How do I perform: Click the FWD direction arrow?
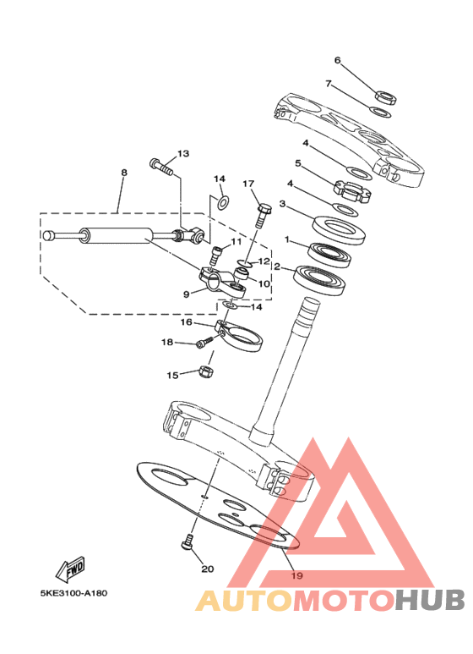(71, 569)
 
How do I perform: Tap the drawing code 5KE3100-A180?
(73, 593)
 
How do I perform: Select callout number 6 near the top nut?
(337, 60)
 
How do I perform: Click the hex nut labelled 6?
(386, 97)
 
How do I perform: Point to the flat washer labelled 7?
(381, 112)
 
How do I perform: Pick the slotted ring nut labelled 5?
(352, 191)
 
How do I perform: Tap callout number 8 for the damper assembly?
(123, 173)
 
